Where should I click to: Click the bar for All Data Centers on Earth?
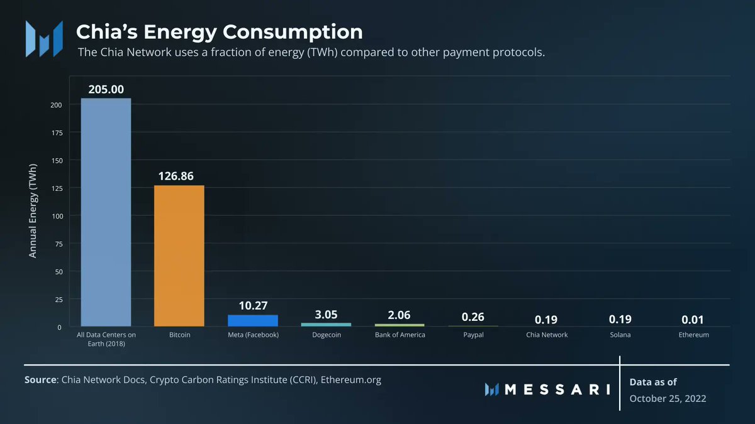point(106,212)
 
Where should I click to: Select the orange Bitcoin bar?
point(179,256)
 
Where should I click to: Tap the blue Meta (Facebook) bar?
point(252,320)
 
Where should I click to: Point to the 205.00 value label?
point(106,89)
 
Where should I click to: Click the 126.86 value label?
point(179,176)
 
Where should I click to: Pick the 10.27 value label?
point(253,306)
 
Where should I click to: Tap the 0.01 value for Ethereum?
point(693,320)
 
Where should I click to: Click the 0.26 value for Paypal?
point(473,317)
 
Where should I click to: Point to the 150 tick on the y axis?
point(56,160)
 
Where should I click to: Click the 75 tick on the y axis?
point(58,244)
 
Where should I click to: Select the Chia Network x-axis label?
point(547,335)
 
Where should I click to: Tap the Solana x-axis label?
point(620,335)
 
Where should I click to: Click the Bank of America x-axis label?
point(400,335)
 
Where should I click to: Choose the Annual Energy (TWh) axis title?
point(34,210)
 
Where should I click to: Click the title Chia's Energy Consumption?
point(219,31)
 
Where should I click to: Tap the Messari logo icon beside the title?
point(44,38)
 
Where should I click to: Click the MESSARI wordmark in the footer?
point(557,389)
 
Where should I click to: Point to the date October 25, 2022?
point(668,399)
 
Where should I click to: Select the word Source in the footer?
point(40,380)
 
